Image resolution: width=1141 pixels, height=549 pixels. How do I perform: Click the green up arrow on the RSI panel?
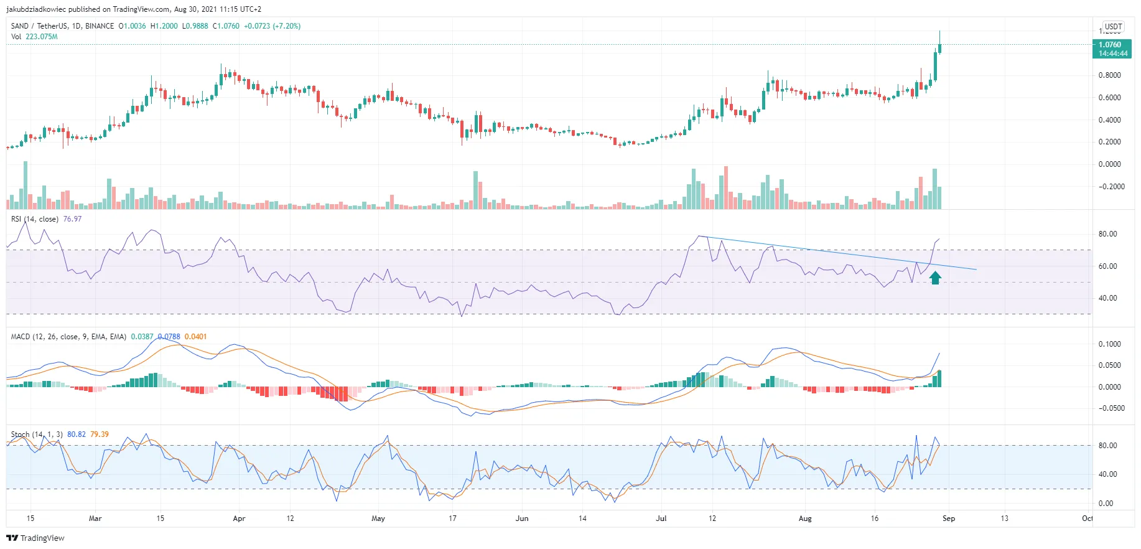[x=935, y=278]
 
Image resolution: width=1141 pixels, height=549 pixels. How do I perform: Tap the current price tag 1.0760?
[x=1111, y=45]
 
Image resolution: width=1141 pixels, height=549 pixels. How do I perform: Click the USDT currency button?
[x=1113, y=27]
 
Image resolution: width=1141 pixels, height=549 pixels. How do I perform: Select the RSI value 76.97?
[x=72, y=219]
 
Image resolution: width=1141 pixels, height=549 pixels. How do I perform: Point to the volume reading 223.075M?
[x=42, y=37]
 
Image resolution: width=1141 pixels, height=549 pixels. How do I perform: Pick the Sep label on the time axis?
[x=948, y=518]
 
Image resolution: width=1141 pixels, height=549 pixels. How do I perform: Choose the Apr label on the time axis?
[x=239, y=518]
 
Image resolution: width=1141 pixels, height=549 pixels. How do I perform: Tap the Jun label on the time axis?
[x=522, y=518]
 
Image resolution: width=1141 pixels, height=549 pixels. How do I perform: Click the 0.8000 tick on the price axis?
[x=1110, y=75]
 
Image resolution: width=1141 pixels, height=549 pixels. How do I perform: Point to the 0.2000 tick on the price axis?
[x=1110, y=142]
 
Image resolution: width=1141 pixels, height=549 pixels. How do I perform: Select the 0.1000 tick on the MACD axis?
[x=1110, y=344]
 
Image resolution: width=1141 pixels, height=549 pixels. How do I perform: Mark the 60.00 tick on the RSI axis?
[x=1108, y=266]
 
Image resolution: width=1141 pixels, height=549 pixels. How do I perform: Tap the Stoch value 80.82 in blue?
[x=77, y=434]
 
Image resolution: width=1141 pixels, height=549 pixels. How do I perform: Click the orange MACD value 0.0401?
[x=195, y=337]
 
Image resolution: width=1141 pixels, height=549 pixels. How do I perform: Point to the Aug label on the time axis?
[x=805, y=518]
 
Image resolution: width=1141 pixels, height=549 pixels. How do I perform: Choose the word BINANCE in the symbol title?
[x=100, y=26]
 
